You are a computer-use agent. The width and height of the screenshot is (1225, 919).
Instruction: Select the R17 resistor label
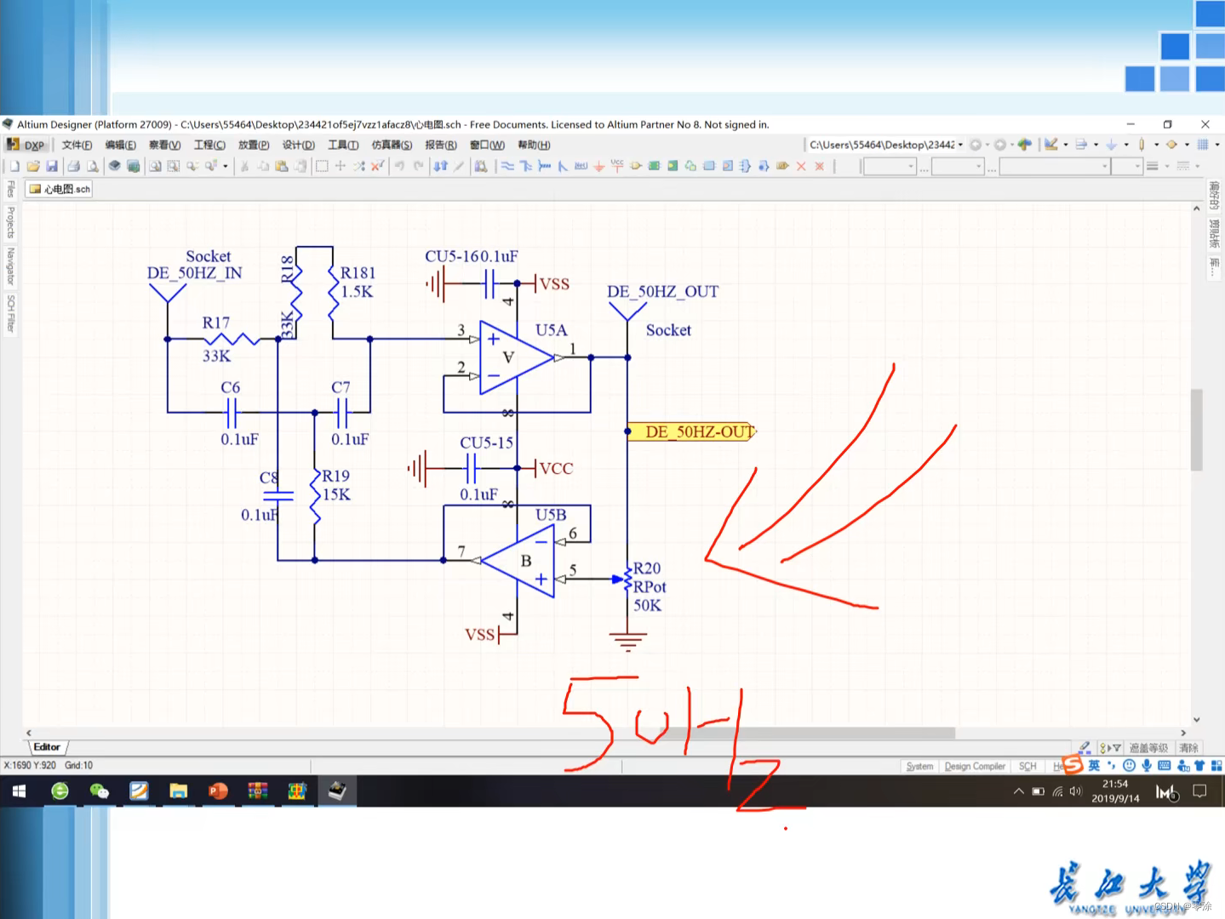[x=216, y=323]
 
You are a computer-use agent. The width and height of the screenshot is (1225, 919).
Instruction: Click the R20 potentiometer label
[x=647, y=568]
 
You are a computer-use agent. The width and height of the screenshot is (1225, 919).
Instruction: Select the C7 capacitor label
[x=341, y=388]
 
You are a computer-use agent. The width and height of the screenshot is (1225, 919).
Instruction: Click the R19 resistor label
[x=336, y=477]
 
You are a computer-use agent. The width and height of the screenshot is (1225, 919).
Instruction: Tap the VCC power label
[x=556, y=469]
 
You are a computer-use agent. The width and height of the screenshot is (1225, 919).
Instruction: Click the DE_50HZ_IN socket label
[x=195, y=273]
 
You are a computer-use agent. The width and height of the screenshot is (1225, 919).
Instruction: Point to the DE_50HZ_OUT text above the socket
[x=662, y=292]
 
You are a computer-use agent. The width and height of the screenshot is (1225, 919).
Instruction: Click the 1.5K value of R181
[x=357, y=292]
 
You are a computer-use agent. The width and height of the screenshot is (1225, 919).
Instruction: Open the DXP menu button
[x=26, y=145]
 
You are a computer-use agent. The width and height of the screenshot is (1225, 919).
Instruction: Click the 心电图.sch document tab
[x=60, y=189]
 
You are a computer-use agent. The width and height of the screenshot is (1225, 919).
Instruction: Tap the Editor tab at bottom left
[x=47, y=747]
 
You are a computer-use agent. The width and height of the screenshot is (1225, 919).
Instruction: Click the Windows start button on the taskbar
[x=18, y=791]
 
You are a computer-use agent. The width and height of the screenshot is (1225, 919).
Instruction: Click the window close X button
[x=1205, y=124]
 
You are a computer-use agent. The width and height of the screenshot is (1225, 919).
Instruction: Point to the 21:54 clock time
[x=1114, y=785]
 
